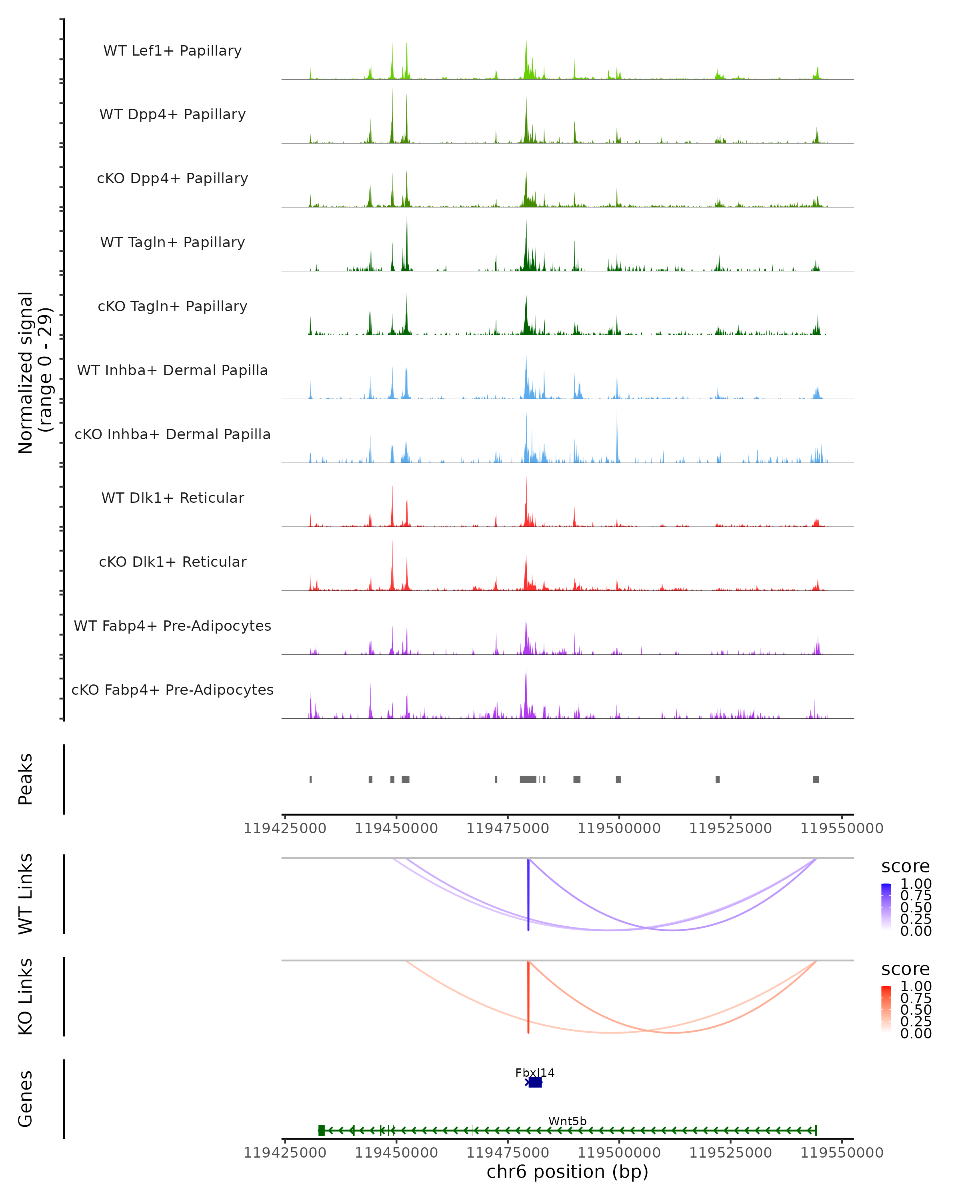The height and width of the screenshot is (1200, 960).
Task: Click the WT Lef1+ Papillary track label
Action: coord(172,51)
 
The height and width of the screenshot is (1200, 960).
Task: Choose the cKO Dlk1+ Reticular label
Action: coord(172,562)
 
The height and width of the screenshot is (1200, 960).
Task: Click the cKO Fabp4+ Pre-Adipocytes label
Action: coord(172,690)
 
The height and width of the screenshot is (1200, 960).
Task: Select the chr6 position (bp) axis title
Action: coord(567,1172)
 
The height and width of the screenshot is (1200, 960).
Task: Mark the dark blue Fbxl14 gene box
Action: coord(535,1082)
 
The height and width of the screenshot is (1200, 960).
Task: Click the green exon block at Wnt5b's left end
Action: coord(321,1130)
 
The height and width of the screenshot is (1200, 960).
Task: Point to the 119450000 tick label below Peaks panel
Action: coord(396,828)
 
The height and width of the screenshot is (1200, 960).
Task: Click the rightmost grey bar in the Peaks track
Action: coord(816,779)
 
